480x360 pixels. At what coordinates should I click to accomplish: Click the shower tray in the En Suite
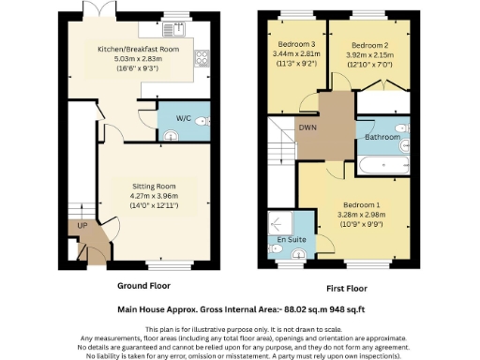(x=280, y=222)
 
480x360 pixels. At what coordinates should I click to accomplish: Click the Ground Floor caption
(x=143, y=285)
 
